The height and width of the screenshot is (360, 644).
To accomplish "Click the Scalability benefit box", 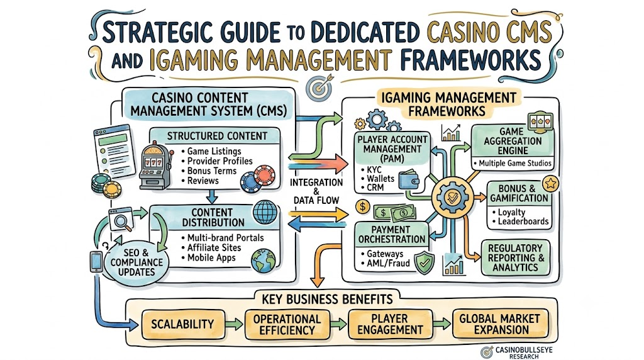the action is pos(183,324).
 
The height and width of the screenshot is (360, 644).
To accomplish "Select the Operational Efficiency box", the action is pos(287,324).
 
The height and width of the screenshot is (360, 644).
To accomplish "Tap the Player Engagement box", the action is pos(390,324).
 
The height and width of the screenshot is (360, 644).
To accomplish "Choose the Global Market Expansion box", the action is pos(500,324).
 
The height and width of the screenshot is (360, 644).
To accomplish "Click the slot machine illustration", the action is pos(156,165).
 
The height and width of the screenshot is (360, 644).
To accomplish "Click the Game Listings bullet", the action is pos(211,151).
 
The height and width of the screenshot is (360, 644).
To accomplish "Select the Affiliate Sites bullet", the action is pos(211,247).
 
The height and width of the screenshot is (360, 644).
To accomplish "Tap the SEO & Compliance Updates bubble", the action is pos(136,262).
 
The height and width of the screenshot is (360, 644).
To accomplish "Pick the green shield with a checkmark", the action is pos(425,262).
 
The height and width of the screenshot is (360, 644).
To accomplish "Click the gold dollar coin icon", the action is pos(363,206).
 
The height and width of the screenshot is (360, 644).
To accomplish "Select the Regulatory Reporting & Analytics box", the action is pos(516,257).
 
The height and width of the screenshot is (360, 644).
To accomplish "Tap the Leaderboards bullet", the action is pos(520,222).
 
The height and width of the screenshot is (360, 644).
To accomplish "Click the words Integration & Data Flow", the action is pos(316,191).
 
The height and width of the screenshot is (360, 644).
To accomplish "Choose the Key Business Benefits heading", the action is pos(327,299).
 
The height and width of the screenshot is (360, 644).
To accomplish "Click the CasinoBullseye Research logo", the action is pos(517,352).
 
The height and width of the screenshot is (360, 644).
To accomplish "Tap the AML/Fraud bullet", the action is pos(385,264).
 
